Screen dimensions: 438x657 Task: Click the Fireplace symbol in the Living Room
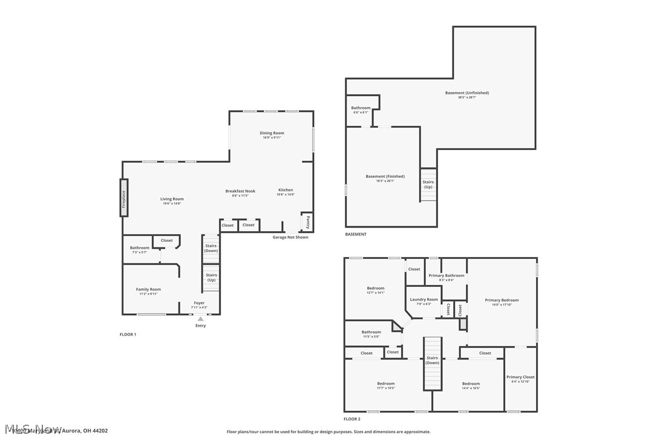(x=124, y=197)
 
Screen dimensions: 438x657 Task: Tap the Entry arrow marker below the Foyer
(x=200, y=319)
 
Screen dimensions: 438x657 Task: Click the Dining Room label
(x=272, y=133)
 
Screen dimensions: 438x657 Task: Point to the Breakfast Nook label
(x=240, y=191)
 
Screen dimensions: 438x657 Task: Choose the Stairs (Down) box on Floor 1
(x=211, y=248)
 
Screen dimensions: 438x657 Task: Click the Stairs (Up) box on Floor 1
(x=211, y=277)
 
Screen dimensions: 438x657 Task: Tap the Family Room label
(x=148, y=289)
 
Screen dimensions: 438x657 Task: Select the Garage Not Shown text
(x=290, y=237)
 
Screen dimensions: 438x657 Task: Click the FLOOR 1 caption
(x=128, y=334)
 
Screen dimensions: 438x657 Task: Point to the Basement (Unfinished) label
(x=466, y=93)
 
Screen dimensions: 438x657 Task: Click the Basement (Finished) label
(x=385, y=177)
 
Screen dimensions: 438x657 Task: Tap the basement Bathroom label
(x=361, y=108)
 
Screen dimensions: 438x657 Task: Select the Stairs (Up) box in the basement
(x=428, y=185)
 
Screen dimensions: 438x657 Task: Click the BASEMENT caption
(x=356, y=234)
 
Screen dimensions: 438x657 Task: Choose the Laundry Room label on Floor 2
(x=423, y=299)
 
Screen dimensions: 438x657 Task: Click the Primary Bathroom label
(x=446, y=275)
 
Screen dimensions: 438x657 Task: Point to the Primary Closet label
(x=520, y=377)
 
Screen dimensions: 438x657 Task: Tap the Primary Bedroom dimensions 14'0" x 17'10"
(x=502, y=305)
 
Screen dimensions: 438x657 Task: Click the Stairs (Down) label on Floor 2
(x=432, y=360)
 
